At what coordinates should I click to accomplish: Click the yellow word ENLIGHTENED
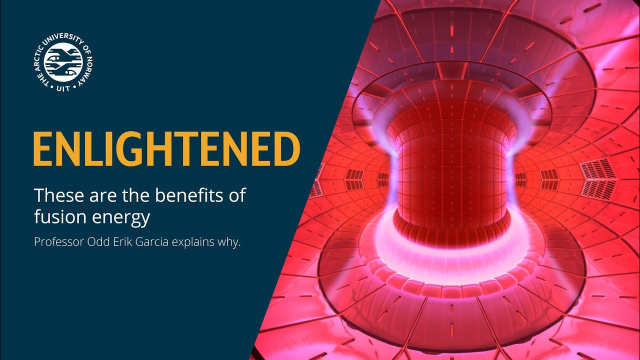(x=166, y=149)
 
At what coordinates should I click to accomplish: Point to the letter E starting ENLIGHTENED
(x=42, y=149)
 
